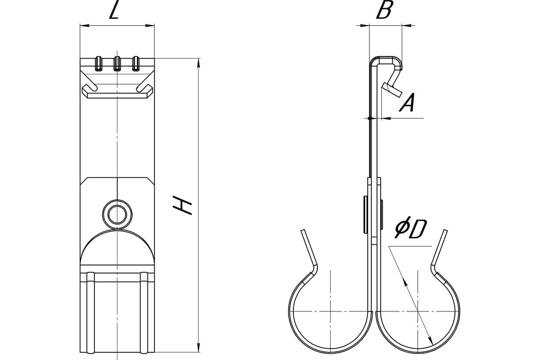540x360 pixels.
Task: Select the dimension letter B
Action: pyautogui.click(x=383, y=11)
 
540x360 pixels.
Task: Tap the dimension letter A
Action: pyautogui.click(x=407, y=103)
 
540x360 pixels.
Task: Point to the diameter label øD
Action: pyautogui.click(x=410, y=230)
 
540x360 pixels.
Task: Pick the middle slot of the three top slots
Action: pyautogui.click(x=117, y=63)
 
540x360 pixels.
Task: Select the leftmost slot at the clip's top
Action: pyautogui.click(x=98, y=63)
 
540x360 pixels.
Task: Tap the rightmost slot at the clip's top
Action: pyautogui.click(x=136, y=63)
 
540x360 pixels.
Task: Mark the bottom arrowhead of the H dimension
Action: pyautogui.click(x=198, y=348)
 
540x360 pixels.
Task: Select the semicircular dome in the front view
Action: pyautogui.click(x=117, y=247)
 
